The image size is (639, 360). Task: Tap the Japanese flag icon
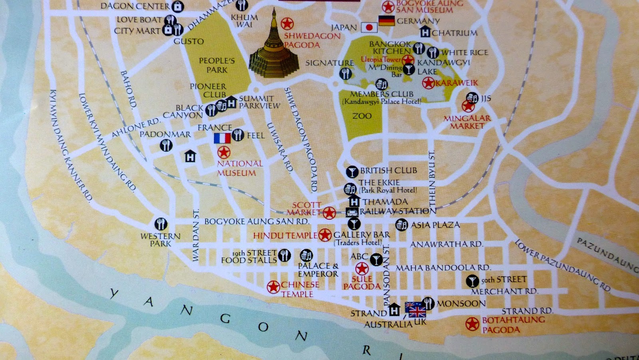click(x=369, y=27)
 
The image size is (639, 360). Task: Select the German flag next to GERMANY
click(x=386, y=20)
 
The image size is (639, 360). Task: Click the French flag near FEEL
click(x=222, y=138)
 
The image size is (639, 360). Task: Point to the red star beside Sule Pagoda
click(x=362, y=268)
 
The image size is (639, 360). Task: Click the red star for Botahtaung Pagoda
click(x=472, y=324)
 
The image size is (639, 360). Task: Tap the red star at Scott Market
click(x=329, y=213)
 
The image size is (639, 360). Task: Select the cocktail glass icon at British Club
click(x=351, y=172)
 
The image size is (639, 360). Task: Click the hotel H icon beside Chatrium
click(x=425, y=32)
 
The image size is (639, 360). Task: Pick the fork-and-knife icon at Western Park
click(x=161, y=224)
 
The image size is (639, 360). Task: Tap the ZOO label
click(x=362, y=116)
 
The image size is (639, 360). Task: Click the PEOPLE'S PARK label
click(x=217, y=65)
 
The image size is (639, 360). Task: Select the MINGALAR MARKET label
click(x=466, y=122)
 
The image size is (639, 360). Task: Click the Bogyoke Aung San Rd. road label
click(x=256, y=221)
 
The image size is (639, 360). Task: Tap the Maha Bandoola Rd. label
click(x=443, y=268)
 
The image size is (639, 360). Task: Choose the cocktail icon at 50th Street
click(x=472, y=281)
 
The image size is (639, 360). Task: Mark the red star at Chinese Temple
click(x=273, y=286)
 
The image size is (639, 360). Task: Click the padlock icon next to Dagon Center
click(x=177, y=6)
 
